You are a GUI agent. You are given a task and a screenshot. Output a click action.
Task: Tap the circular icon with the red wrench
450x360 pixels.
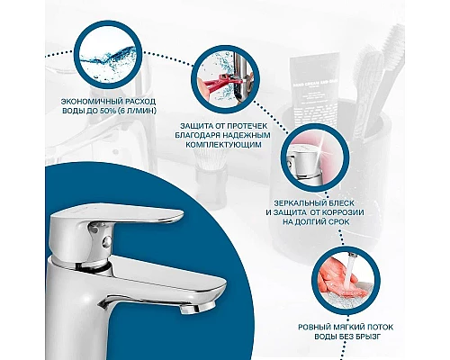click(225, 79)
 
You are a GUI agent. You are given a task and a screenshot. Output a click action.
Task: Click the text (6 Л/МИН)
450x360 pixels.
click(137, 111)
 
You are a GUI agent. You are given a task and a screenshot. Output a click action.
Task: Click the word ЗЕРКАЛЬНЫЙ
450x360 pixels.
click(301, 203)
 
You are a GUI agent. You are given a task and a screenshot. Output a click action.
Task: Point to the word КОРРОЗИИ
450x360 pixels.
click(343, 212)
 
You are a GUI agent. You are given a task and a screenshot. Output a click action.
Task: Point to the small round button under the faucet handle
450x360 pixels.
click(106, 240)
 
